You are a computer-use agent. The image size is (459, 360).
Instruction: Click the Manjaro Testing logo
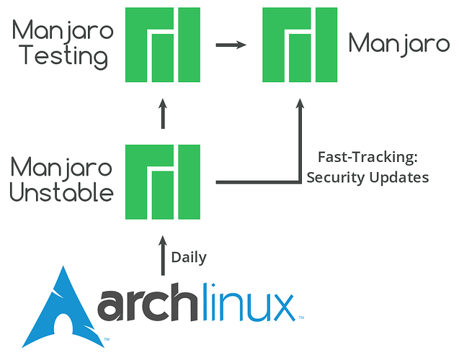[163, 45]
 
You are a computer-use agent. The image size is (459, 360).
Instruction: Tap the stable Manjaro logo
[299, 45]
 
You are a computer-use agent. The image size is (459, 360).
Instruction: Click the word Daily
[189, 257]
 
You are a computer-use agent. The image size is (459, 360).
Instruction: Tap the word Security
[337, 177]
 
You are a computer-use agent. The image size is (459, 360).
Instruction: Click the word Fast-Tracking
[357, 156]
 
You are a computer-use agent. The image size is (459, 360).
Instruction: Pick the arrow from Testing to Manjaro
[231, 45]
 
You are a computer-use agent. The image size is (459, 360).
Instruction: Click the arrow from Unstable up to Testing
[163, 114]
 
